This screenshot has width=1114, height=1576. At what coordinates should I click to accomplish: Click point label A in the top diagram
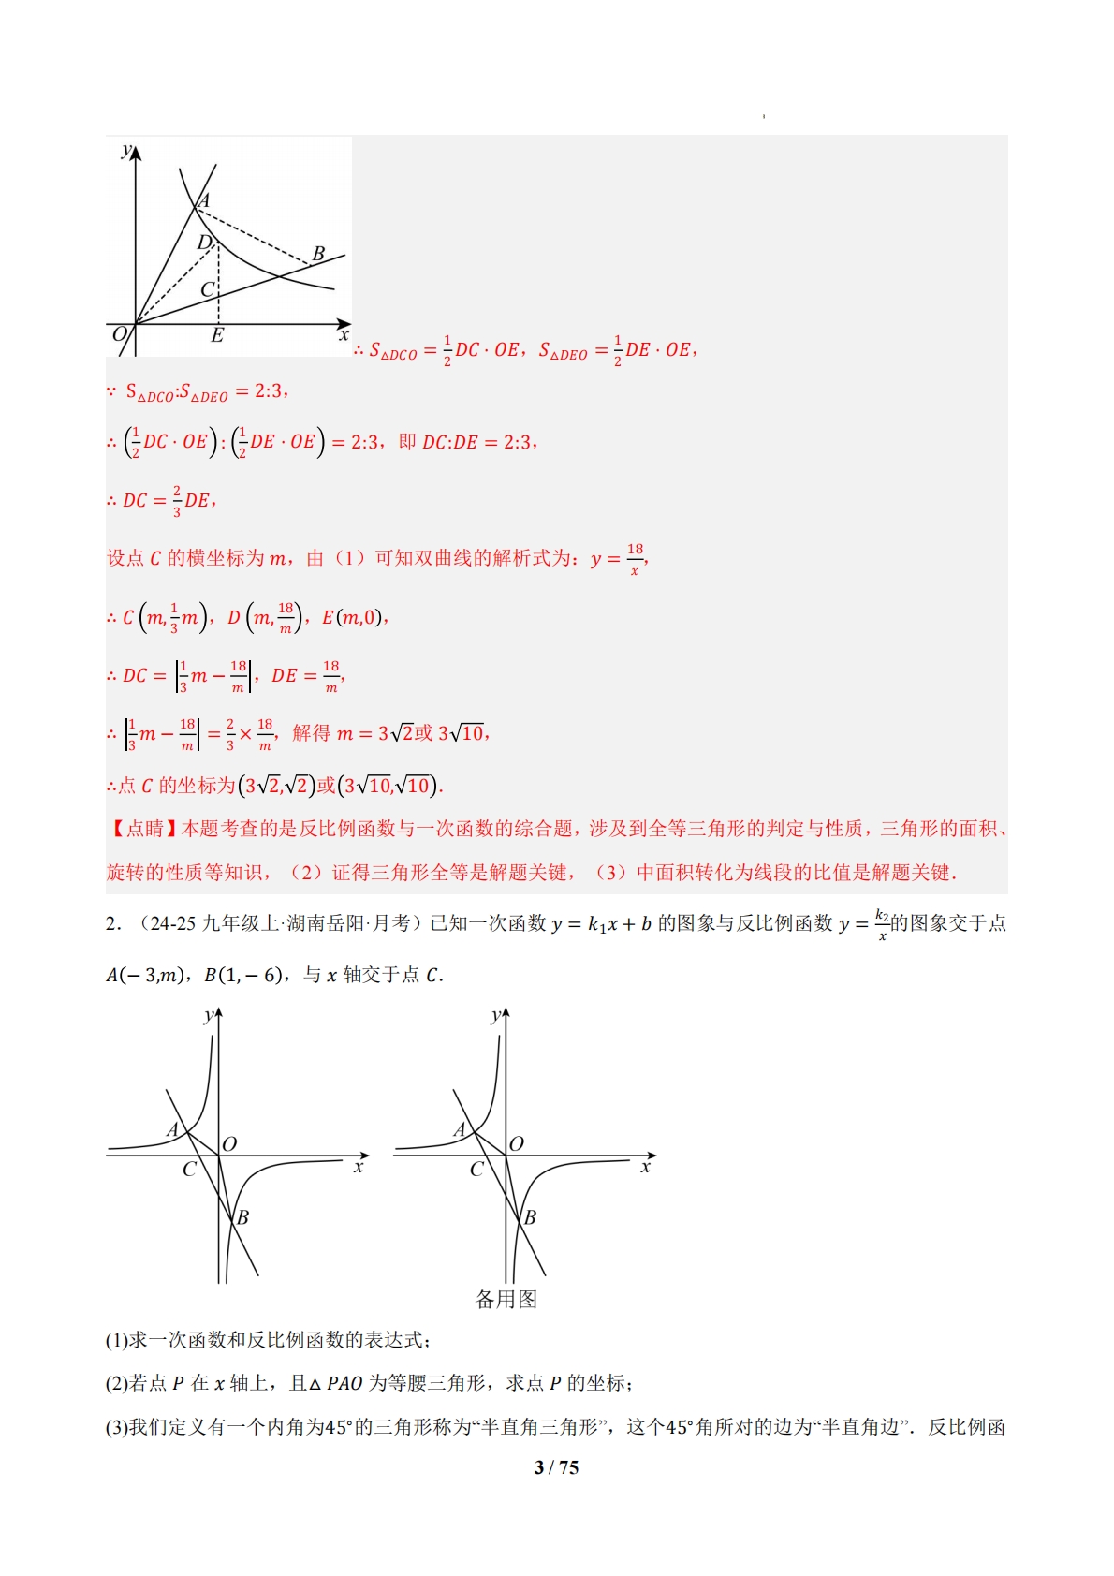tap(204, 199)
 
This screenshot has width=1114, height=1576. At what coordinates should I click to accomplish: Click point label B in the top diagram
tap(318, 253)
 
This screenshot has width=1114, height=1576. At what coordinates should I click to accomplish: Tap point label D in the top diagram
tap(204, 243)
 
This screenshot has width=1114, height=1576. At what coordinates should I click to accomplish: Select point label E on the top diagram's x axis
tap(217, 335)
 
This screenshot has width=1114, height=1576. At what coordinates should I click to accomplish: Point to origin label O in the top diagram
tap(119, 334)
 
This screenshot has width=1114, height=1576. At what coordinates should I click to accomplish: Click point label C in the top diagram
tap(207, 289)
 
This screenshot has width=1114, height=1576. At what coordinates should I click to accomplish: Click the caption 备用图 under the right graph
tap(506, 1299)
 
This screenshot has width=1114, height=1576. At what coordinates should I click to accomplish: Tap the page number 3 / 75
tap(556, 1467)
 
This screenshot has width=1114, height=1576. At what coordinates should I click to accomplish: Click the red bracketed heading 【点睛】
tap(143, 829)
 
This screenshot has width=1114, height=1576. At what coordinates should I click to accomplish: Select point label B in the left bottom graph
tap(242, 1217)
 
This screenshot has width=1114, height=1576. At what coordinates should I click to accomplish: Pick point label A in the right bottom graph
tap(459, 1129)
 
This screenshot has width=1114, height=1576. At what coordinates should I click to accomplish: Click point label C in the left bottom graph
tap(189, 1170)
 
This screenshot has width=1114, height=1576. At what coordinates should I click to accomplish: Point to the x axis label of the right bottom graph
tap(645, 1168)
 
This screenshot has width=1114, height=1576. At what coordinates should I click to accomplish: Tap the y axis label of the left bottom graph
tap(207, 1017)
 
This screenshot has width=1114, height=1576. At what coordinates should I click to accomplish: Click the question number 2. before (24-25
tap(112, 924)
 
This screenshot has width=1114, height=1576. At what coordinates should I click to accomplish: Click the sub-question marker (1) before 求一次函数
tap(116, 1340)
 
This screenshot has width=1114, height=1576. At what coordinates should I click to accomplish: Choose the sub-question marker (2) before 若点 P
tap(116, 1383)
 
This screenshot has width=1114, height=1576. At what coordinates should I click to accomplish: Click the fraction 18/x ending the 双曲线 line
tap(635, 559)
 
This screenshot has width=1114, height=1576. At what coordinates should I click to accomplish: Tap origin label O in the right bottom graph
tap(517, 1143)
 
